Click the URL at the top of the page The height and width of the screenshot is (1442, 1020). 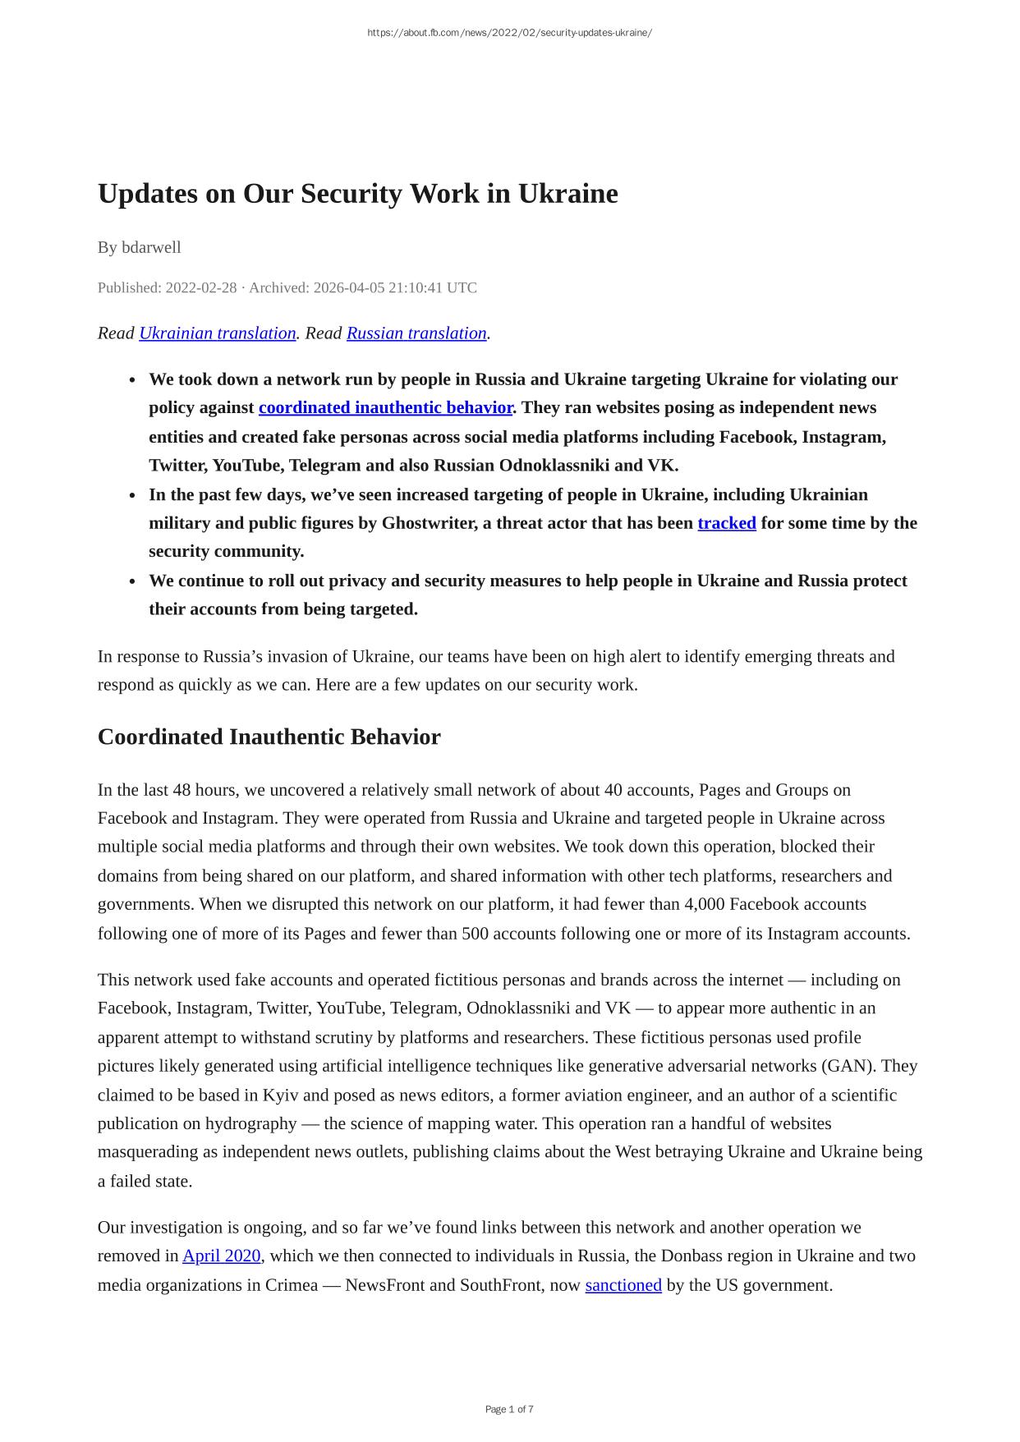click(x=509, y=33)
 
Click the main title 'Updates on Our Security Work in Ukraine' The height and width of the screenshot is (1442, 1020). click(x=357, y=194)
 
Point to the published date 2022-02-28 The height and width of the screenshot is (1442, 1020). click(x=200, y=287)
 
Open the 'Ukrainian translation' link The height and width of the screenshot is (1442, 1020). click(x=217, y=333)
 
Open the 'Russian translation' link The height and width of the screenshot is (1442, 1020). click(x=416, y=333)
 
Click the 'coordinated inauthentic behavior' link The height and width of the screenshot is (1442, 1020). click(x=385, y=407)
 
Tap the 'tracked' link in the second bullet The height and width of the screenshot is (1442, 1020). click(x=726, y=523)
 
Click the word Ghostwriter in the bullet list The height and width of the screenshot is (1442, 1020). click(x=430, y=523)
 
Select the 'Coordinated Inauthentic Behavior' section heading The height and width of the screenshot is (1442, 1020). click(x=269, y=737)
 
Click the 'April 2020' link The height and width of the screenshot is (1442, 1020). click(x=221, y=1256)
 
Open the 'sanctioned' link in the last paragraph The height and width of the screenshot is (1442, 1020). click(x=623, y=1284)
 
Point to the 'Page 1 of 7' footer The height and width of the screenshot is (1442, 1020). click(x=509, y=1409)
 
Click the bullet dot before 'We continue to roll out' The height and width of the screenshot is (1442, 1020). click(x=132, y=581)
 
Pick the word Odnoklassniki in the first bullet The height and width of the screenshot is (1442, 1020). click(x=554, y=465)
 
